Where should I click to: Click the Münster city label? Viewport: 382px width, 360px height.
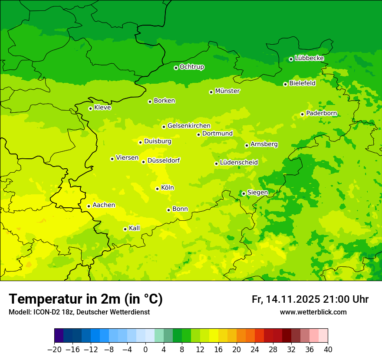(x=227, y=91)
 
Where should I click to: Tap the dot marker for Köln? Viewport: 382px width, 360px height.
(x=157, y=189)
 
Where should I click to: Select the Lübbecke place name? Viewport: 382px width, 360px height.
(x=309, y=58)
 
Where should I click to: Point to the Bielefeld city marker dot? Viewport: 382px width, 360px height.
(x=285, y=84)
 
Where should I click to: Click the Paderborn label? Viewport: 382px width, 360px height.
(x=321, y=113)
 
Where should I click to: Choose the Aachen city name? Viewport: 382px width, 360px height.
(x=104, y=205)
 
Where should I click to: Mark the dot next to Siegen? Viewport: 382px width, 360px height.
(x=244, y=193)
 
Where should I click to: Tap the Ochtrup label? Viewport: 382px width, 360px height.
(x=191, y=67)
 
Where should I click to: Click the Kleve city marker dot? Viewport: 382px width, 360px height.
(x=90, y=108)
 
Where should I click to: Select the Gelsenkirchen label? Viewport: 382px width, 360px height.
(x=189, y=126)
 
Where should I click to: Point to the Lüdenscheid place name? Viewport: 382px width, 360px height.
(x=239, y=162)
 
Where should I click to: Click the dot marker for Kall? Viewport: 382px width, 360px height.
(x=125, y=229)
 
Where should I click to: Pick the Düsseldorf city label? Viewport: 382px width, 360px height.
(x=164, y=160)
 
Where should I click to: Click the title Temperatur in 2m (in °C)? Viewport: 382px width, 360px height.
(x=86, y=299)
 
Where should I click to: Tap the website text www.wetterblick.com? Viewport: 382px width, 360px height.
(x=313, y=312)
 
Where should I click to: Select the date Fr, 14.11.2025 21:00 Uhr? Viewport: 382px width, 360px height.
(x=310, y=299)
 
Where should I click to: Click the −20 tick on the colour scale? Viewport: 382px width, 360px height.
(x=54, y=349)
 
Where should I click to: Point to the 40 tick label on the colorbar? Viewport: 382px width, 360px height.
(x=328, y=349)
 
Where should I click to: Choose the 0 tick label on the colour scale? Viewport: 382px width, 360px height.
(x=145, y=349)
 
